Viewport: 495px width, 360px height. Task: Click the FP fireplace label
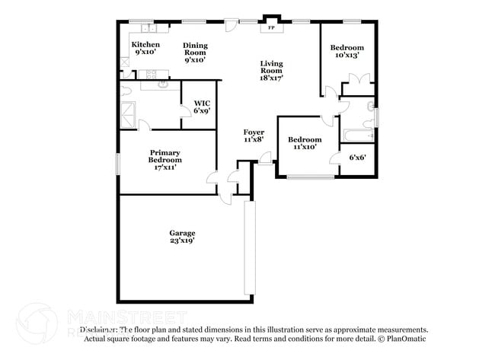coord(270,29)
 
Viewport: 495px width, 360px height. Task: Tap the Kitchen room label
coord(147,49)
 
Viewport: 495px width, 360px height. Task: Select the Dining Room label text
coord(195,53)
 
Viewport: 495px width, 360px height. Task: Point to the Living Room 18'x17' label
coord(271,71)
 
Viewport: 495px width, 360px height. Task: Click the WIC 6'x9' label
coord(202,107)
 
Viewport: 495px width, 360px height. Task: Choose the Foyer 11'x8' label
coord(254,135)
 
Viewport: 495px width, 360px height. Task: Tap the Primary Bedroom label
coord(164,160)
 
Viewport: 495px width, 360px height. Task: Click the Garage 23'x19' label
coord(182,237)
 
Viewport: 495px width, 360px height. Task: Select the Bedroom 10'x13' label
coord(346,51)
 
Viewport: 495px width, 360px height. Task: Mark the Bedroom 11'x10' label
coord(304,143)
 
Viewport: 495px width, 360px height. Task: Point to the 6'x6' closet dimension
coord(357,158)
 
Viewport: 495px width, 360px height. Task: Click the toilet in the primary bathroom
coord(126,91)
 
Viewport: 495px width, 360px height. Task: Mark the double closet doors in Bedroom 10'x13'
coord(358,79)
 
